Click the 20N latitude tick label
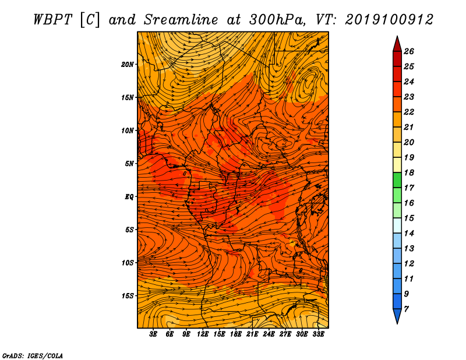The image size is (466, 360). coord(127,65)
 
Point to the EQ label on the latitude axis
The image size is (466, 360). coord(129,197)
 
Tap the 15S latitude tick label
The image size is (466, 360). coord(127,296)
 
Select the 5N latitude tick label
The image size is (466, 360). coord(129,164)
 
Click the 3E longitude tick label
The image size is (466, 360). coord(153,334)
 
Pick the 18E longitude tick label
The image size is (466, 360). coord(236,334)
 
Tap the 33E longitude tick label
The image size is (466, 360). coord(318,334)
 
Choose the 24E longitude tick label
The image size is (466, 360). coord(269,334)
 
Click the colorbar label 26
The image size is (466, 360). coord(409,51)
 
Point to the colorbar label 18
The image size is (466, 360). coord(409,172)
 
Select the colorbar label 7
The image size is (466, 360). coord(406,309)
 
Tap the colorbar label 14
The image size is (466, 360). coord(409,234)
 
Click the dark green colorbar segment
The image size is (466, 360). coord(397,180)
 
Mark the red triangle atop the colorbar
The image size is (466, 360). coord(397,44)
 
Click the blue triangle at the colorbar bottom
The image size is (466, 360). coord(397,316)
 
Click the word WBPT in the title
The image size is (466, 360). coord(52,20)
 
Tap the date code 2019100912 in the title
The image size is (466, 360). coord(389,20)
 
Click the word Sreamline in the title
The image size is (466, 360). coord(181,20)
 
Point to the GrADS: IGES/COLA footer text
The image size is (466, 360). coord(33,355)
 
